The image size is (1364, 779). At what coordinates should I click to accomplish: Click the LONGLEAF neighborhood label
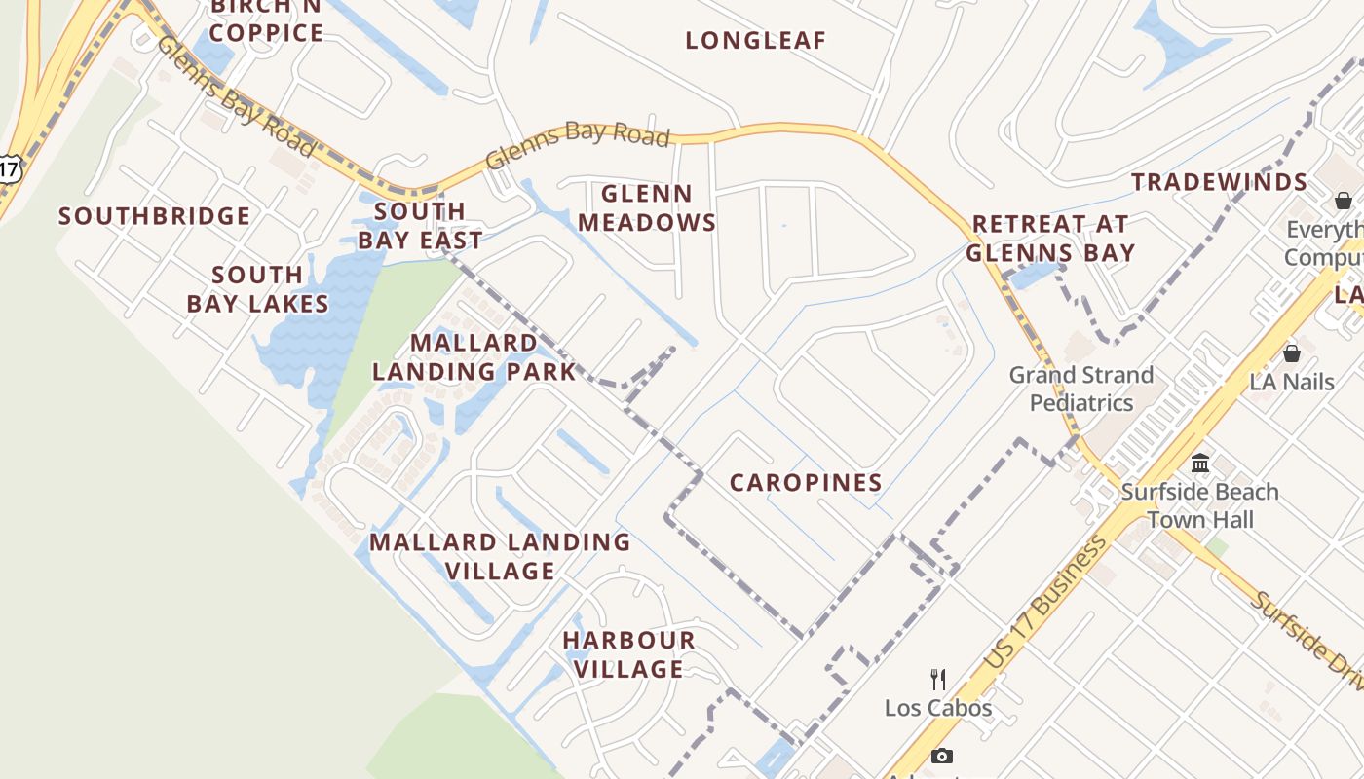pyautogui.click(x=755, y=41)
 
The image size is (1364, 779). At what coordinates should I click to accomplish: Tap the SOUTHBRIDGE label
pyautogui.click(x=154, y=216)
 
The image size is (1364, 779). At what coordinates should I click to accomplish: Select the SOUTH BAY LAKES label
pyautogui.click(x=257, y=289)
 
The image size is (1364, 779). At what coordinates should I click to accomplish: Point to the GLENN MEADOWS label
pyautogui.click(x=647, y=208)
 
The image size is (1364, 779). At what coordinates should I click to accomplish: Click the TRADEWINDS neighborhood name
pyautogui.click(x=1219, y=182)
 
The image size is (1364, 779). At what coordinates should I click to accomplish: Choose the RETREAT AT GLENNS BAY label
pyautogui.click(x=1049, y=239)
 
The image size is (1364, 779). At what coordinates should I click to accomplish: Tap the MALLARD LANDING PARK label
pyautogui.click(x=474, y=356)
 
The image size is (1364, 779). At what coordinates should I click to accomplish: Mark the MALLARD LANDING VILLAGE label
pyautogui.click(x=500, y=556)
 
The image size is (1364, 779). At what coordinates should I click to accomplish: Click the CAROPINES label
pyautogui.click(x=806, y=483)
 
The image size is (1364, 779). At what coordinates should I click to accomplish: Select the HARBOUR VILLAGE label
pyautogui.click(x=628, y=654)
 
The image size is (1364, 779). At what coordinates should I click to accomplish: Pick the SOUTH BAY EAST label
pyautogui.click(x=420, y=226)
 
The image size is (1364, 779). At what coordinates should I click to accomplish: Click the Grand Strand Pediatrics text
pyautogui.click(x=1081, y=389)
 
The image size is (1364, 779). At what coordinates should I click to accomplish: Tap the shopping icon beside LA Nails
pyautogui.click(x=1292, y=352)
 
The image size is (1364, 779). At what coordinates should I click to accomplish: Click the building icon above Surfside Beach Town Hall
pyautogui.click(x=1200, y=463)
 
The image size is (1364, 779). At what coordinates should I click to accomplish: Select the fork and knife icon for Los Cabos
pyautogui.click(x=938, y=679)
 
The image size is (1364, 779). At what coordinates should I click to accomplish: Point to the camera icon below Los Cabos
pyautogui.click(x=941, y=756)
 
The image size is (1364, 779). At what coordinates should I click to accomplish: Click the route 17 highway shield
pyautogui.click(x=8, y=167)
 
